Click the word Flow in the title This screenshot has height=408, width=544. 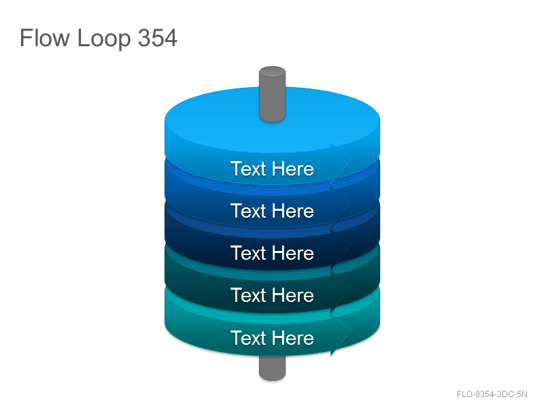pyautogui.click(x=44, y=37)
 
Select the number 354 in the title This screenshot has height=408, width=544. pyautogui.click(x=158, y=37)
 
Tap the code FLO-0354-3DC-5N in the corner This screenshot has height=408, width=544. pyautogui.click(x=492, y=394)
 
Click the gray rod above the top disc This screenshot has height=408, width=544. pyautogui.click(x=273, y=94)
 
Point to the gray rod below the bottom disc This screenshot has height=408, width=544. pyautogui.click(x=273, y=369)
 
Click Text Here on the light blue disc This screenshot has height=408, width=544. pyautogui.click(x=272, y=169)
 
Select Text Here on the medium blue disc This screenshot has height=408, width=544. pyautogui.click(x=272, y=211)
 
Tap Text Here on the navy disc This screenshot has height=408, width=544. pyautogui.click(x=272, y=253)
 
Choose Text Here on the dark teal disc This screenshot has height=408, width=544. pyautogui.click(x=272, y=295)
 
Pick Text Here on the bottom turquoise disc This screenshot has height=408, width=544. pyautogui.click(x=272, y=338)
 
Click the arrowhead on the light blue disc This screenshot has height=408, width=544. pyautogui.click(x=341, y=163)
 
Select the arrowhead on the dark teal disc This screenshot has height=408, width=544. pyautogui.click(x=341, y=291)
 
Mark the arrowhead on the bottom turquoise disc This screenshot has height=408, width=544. pyautogui.click(x=341, y=334)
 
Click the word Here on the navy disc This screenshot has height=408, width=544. pyautogui.click(x=293, y=253)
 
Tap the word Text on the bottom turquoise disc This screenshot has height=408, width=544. pyautogui.click(x=248, y=338)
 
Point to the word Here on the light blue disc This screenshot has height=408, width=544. pyautogui.click(x=293, y=169)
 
